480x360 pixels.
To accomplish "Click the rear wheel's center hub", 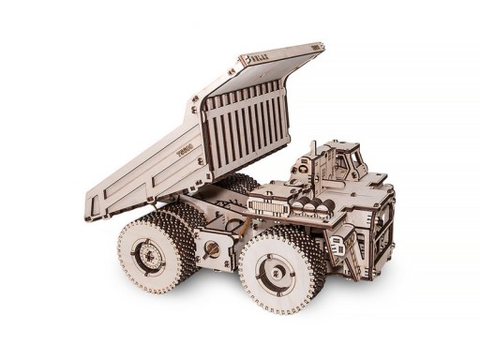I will [x=147, y=252].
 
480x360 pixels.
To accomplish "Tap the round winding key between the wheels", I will [x=213, y=249].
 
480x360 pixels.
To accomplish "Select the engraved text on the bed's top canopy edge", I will [x=259, y=59].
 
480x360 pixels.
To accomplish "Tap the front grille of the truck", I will [x=382, y=225].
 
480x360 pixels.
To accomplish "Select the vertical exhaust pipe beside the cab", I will [x=313, y=159].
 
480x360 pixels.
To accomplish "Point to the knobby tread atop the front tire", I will [x=281, y=233].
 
